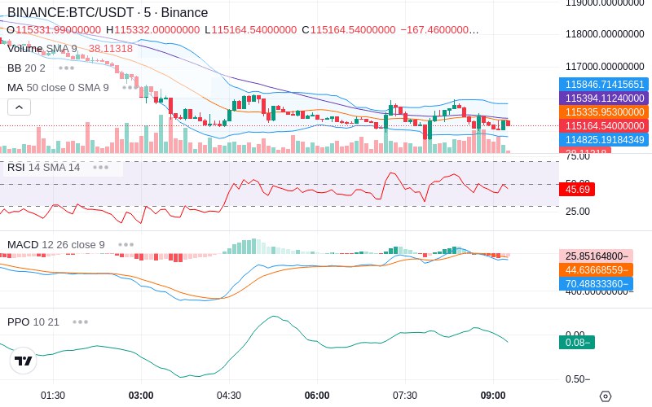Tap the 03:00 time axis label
pos(141,396)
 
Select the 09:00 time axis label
pos(493,396)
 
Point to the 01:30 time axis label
pos(53,396)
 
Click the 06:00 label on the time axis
pos(317,396)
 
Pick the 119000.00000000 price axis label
pos(606,3)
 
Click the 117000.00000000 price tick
pos(606,67)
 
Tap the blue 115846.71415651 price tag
pos(604,84)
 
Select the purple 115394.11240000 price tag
pos(604,98)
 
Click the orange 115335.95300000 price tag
pos(604,112)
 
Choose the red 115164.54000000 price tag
pos(604,125)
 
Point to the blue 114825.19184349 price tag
pos(604,139)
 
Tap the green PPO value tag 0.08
pos(576,343)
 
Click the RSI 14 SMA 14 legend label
pos(44,168)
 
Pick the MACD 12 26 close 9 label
pos(56,244)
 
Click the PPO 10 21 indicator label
pos(33,322)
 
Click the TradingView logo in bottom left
pos(24,361)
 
